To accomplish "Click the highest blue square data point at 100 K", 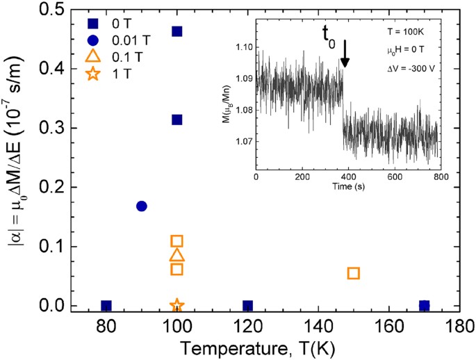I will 177,31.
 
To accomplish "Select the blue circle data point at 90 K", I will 142,206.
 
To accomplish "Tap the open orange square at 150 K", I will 353,273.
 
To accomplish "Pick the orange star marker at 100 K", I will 177,305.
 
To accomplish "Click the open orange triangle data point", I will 177,255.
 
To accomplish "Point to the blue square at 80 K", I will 106,306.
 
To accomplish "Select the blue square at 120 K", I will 247,306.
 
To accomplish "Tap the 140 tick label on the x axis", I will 318,326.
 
